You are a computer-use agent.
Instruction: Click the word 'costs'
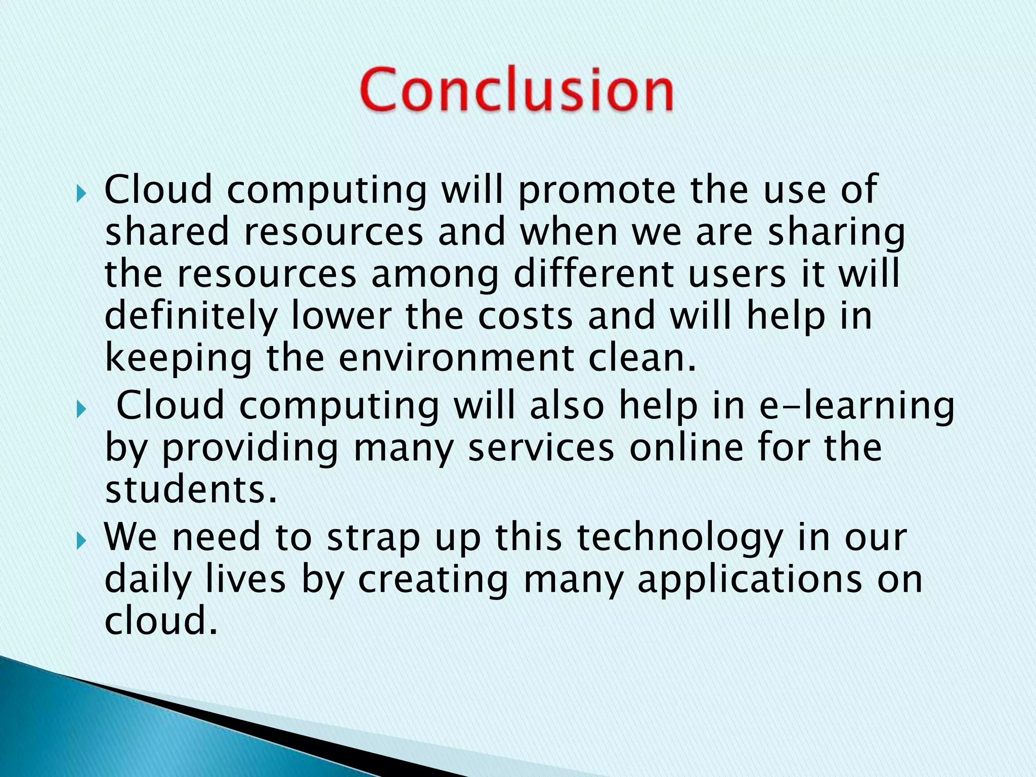526,316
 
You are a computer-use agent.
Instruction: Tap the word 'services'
541,448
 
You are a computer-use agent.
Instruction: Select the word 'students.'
191,490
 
